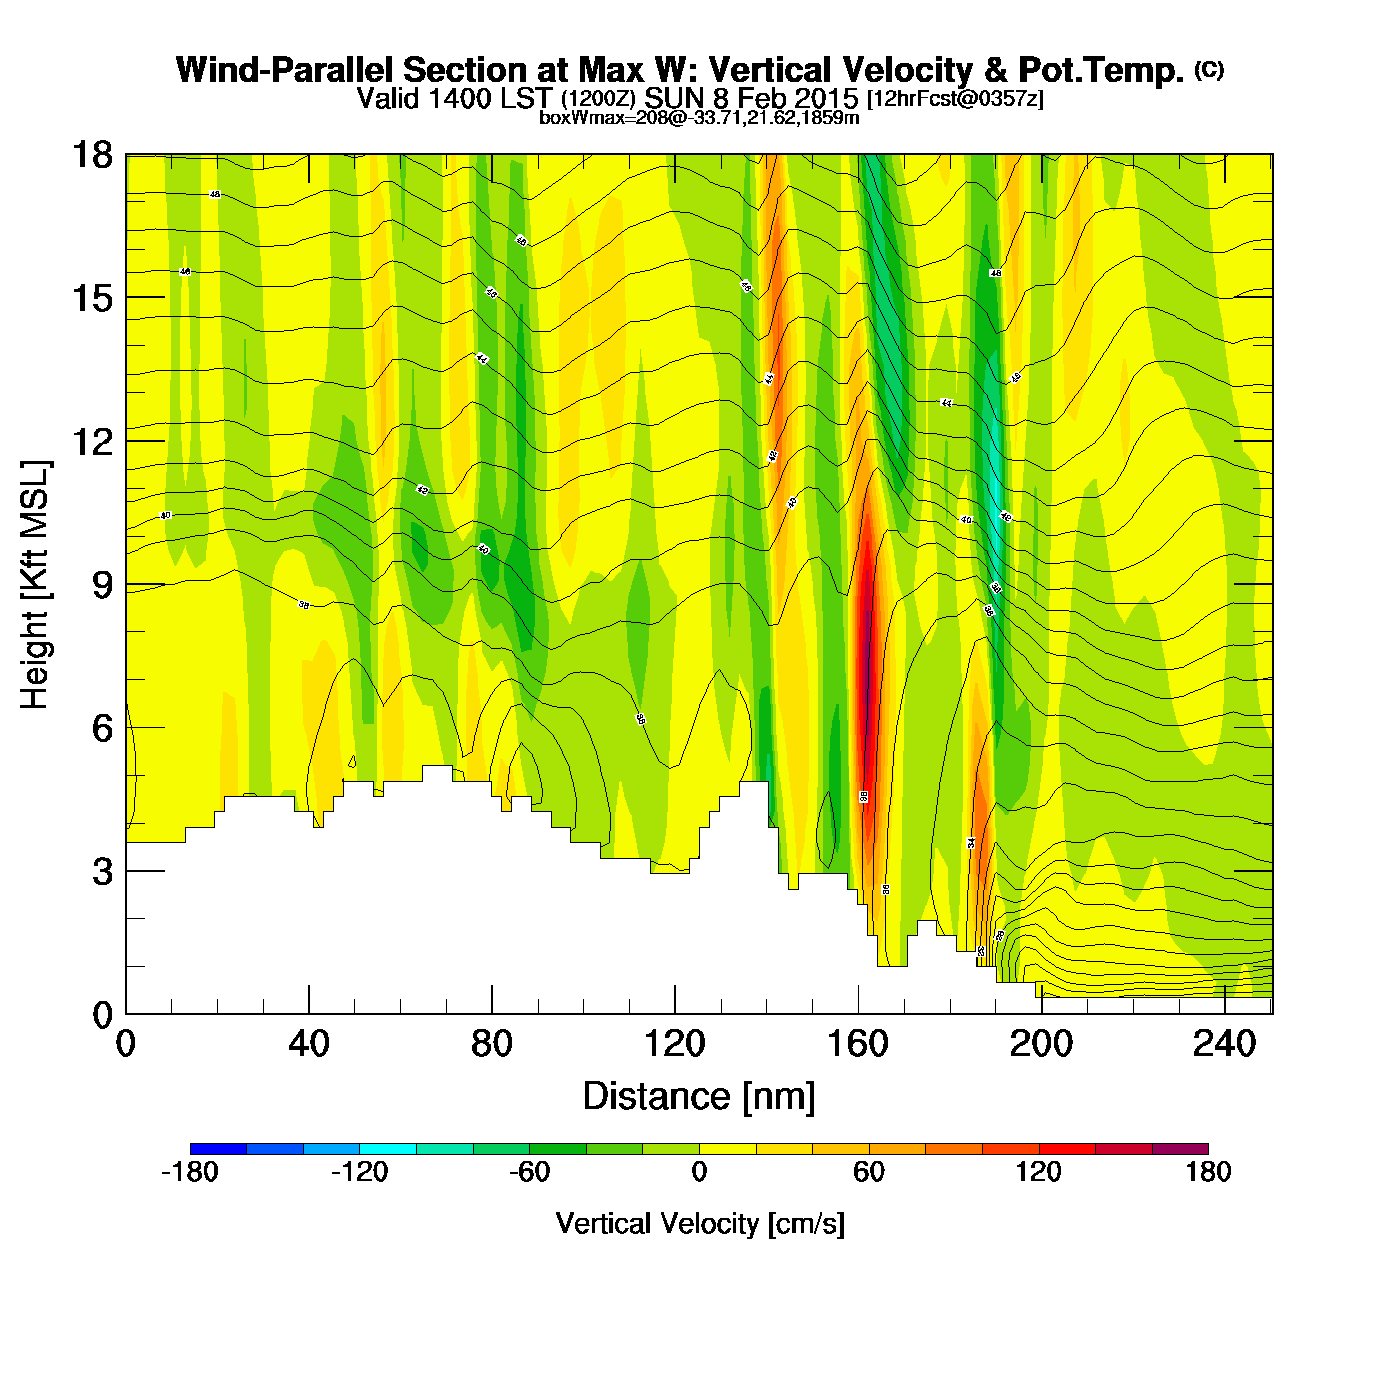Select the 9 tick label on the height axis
[x=102, y=585]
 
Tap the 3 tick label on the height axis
[x=102, y=872]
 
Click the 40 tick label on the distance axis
[x=309, y=1044]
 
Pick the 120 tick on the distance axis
[x=675, y=1044]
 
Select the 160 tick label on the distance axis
[x=858, y=1044]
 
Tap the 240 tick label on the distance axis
[x=1224, y=1044]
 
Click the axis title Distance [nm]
[x=699, y=1097]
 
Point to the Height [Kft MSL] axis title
[x=36, y=585]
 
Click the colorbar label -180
[x=190, y=1172]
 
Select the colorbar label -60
[x=529, y=1172]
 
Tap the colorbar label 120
[x=1039, y=1172]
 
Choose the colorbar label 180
[x=1208, y=1172]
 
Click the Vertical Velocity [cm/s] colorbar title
[x=700, y=1223]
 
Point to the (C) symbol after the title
[x=1209, y=69]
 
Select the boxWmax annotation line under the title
[x=699, y=117]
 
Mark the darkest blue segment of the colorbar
[x=218, y=1149]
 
